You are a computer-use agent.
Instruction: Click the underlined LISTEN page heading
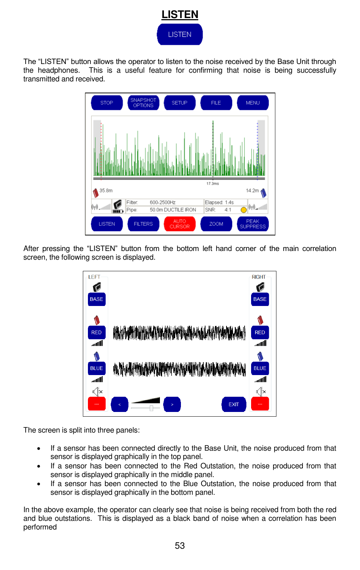(x=180, y=14)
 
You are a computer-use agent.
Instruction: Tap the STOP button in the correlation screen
(x=107, y=103)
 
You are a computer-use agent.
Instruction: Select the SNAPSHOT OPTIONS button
(x=143, y=103)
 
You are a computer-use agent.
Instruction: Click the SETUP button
(x=179, y=103)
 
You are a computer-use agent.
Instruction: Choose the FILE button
(x=216, y=103)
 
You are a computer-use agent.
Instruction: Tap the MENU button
(x=253, y=103)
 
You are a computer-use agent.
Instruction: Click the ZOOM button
(x=216, y=224)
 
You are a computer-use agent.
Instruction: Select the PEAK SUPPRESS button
(x=253, y=224)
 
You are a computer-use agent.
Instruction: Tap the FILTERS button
(x=143, y=224)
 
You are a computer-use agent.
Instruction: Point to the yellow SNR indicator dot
(x=243, y=210)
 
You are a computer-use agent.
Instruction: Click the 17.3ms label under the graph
(x=213, y=184)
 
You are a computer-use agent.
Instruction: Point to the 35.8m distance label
(x=106, y=191)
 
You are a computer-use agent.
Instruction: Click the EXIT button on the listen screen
(x=234, y=404)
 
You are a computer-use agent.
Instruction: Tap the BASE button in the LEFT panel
(x=97, y=299)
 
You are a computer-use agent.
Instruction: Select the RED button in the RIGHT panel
(x=260, y=332)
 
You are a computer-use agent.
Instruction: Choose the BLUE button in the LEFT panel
(x=97, y=368)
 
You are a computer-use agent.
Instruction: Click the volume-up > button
(x=172, y=404)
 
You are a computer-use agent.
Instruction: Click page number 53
(x=180, y=546)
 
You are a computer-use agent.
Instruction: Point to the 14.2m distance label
(x=252, y=191)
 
